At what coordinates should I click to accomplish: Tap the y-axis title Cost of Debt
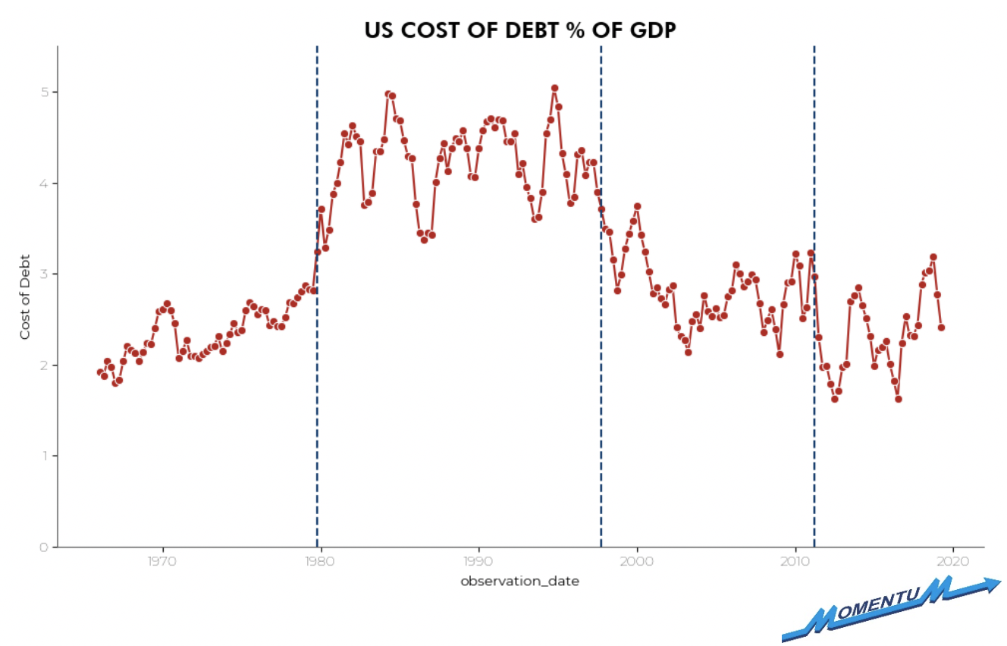(x=25, y=296)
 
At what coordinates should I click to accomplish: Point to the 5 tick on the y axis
(x=44, y=92)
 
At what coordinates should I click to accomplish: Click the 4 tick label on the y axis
(x=44, y=183)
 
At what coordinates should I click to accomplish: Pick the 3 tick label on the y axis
(x=44, y=274)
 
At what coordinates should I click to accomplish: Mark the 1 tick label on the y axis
(x=44, y=456)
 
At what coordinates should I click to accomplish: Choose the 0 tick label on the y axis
(x=44, y=547)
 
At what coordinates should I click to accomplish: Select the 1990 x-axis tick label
(x=478, y=562)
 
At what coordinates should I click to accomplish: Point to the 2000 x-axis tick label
(x=637, y=562)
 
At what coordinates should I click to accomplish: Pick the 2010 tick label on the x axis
(x=795, y=562)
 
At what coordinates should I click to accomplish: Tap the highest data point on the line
(x=554, y=88)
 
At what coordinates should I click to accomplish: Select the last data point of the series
(x=941, y=328)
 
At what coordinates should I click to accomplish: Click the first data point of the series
(x=100, y=372)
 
